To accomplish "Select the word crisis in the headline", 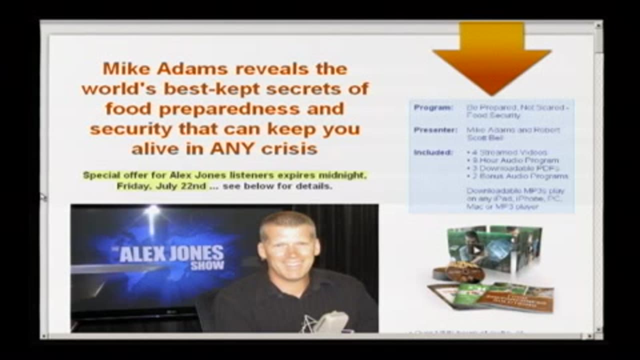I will [292, 148].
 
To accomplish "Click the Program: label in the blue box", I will [433, 107].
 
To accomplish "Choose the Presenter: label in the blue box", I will [435, 130].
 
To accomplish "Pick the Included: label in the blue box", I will [433, 152].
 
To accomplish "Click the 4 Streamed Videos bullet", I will [507, 152].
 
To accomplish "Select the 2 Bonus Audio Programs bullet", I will [517, 176].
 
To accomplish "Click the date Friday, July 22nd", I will [161, 186].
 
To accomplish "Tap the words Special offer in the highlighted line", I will [108, 175].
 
